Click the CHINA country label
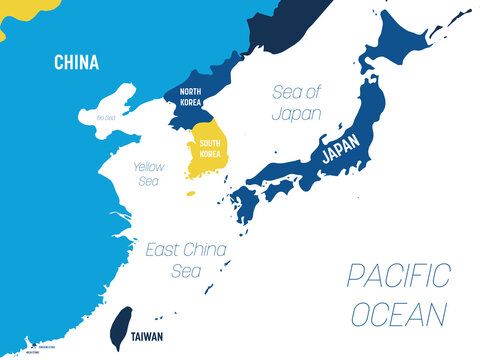(77, 63)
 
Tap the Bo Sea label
(105, 118)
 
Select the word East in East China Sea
(163, 247)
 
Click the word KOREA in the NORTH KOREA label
(191, 103)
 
